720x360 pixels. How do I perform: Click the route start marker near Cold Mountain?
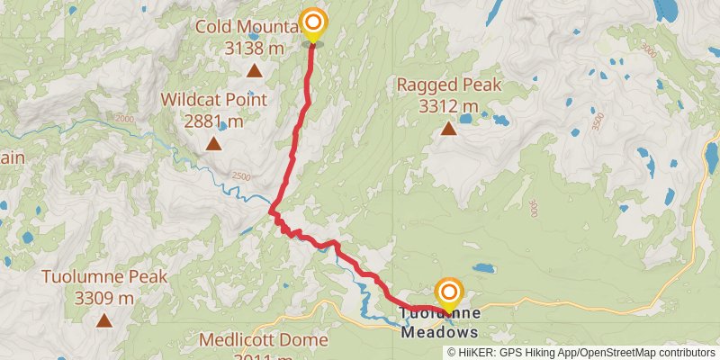(x=313, y=22)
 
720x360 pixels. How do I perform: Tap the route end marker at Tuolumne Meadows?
(x=448, y=293)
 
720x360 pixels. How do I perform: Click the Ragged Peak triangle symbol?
(x=448, y=129)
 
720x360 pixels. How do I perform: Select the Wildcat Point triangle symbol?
(x=214, y=143)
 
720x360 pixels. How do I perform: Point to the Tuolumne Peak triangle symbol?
(x=104, y=319)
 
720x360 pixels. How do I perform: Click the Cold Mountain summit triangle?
(x=255, y=70)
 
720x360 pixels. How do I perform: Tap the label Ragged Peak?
(x=448, y=87)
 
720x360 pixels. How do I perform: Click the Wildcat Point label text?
(x=214, y=99)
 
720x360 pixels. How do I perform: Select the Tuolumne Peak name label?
(x=104, y=277)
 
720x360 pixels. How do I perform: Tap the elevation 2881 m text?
(x=214, y=121)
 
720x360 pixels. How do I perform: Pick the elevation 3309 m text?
(x=104, y=298)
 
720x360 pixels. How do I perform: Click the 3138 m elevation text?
(x=255, y=48)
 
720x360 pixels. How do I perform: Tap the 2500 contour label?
(x=240, y=176)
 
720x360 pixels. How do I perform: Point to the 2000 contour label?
(x=124, y=120)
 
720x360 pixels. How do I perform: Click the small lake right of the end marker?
(x=483, y=269)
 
